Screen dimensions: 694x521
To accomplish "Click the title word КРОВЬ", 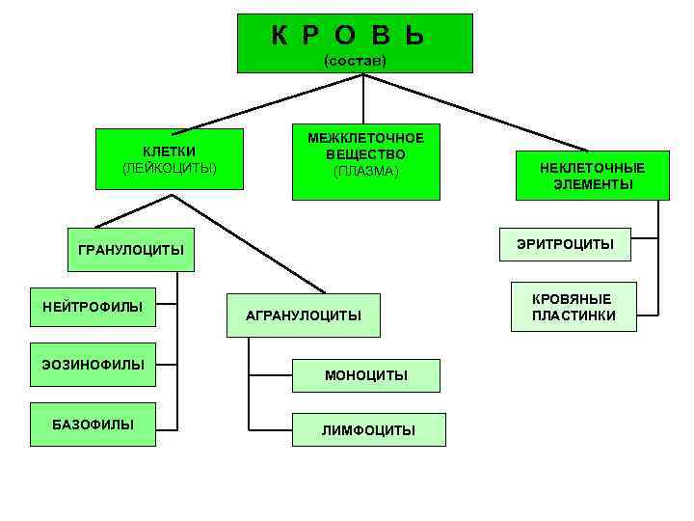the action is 348,36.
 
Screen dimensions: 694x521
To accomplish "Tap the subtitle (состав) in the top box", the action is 355,61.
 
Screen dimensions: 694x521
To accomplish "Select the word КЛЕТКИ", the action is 170,151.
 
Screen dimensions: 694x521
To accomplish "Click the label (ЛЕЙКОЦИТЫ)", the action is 170,168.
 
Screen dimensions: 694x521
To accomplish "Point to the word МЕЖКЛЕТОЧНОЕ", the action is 365,138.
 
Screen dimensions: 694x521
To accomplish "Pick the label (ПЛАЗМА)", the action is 365,171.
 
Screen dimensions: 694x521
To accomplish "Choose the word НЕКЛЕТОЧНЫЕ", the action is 592,168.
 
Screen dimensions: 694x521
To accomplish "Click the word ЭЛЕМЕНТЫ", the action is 592,184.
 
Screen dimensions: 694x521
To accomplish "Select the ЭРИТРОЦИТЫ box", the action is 564,244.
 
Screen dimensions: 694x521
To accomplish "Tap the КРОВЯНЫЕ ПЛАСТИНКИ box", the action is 573,308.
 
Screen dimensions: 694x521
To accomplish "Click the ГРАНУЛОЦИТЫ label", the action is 130,251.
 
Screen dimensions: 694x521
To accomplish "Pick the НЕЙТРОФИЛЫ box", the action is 93,308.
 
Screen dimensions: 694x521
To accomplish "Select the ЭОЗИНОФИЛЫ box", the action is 93,365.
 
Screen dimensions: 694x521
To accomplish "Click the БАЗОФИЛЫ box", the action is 93,425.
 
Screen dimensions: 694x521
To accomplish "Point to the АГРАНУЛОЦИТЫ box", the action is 303,315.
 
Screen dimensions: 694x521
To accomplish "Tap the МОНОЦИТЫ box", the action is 366,375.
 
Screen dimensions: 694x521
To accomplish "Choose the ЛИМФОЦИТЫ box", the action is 369,430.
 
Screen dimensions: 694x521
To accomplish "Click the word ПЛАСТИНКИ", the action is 573,315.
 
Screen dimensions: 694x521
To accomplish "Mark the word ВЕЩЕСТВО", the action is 365,154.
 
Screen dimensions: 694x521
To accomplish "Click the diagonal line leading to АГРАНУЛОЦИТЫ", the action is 251,244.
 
